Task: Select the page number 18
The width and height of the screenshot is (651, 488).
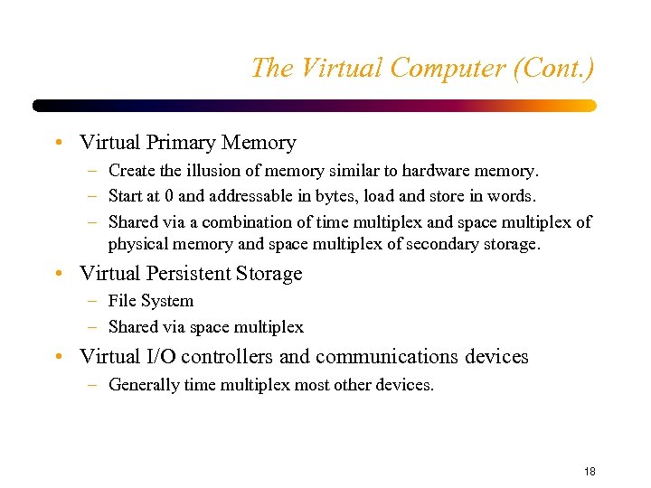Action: [x=590, y=472]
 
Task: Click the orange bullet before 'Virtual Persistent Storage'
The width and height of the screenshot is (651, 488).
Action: [x=58, y=273]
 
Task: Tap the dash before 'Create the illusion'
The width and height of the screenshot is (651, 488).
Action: [x=94, y=171]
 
